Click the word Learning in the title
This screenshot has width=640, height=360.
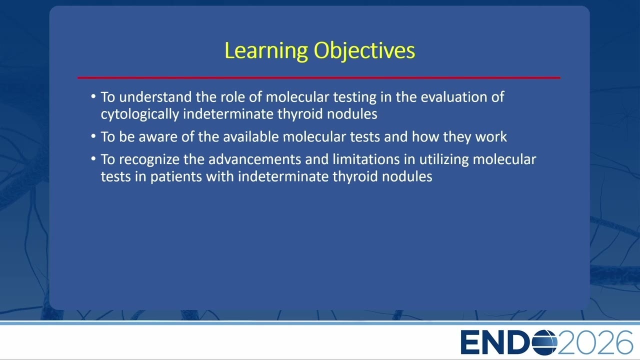266,51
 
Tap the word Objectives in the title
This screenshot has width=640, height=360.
364,51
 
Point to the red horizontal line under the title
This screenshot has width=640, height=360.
319,77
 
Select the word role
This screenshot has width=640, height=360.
232,97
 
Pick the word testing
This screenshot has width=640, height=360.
355,97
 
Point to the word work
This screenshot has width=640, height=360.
491,136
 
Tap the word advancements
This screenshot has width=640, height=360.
255,159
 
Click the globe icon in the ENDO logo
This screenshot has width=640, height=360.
545,342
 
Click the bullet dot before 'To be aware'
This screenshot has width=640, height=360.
93,136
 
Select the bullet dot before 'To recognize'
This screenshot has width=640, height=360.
93,158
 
